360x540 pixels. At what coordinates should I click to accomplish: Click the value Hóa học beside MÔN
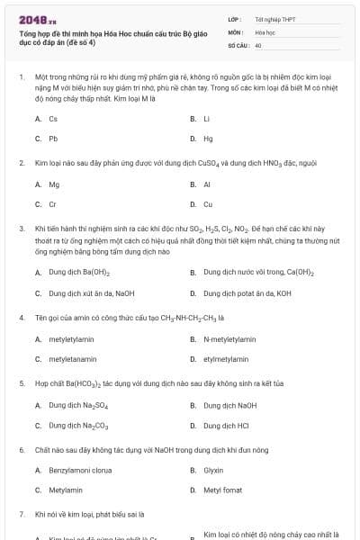(265, 31)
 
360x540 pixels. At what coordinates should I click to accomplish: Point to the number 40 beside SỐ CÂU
(258, 44)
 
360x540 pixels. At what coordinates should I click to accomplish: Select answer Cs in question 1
(53, 119)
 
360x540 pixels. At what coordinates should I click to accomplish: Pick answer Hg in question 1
(208, 139)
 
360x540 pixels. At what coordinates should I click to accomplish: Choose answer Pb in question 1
(53, 139)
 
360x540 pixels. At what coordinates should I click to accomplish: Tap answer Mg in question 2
(54, 184)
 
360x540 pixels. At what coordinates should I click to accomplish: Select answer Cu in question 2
(208, 204)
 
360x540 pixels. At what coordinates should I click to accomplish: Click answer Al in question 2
(207, 184)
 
